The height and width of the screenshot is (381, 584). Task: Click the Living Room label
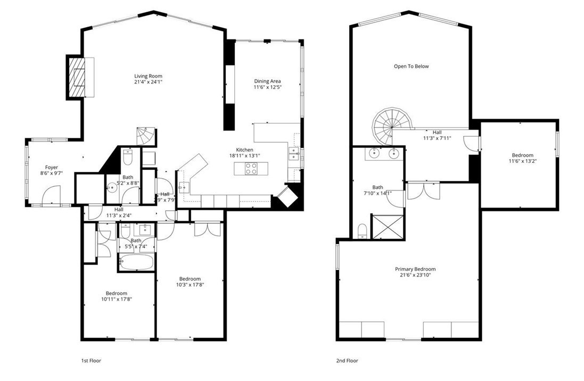[x=148, y=76]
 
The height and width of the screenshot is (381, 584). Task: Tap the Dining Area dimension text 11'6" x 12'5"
[x=267, y=87]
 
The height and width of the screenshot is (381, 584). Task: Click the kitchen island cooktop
[x=251, y=169]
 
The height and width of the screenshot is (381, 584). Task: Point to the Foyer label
[x=52, y=168]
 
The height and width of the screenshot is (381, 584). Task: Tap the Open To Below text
[x=411, y=67]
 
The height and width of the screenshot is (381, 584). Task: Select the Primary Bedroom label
[x=415, y=269]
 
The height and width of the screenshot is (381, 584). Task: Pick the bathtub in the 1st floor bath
[x=136, y=262]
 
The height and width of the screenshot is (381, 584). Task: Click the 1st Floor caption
[x=91, y=361]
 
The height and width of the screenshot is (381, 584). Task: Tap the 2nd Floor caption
[x=347, y=361]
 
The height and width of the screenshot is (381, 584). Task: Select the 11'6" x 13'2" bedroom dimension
[x=522, y=161]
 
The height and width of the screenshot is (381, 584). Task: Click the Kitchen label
[x=245, y=150]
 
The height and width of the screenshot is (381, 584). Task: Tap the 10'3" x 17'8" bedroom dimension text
[x=190, y=285]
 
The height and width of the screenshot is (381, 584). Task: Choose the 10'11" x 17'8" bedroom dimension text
[x=117, y=299]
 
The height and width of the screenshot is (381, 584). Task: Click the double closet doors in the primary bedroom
[x=423, y=190]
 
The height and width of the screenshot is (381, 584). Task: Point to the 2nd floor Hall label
[x=437, y=132]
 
